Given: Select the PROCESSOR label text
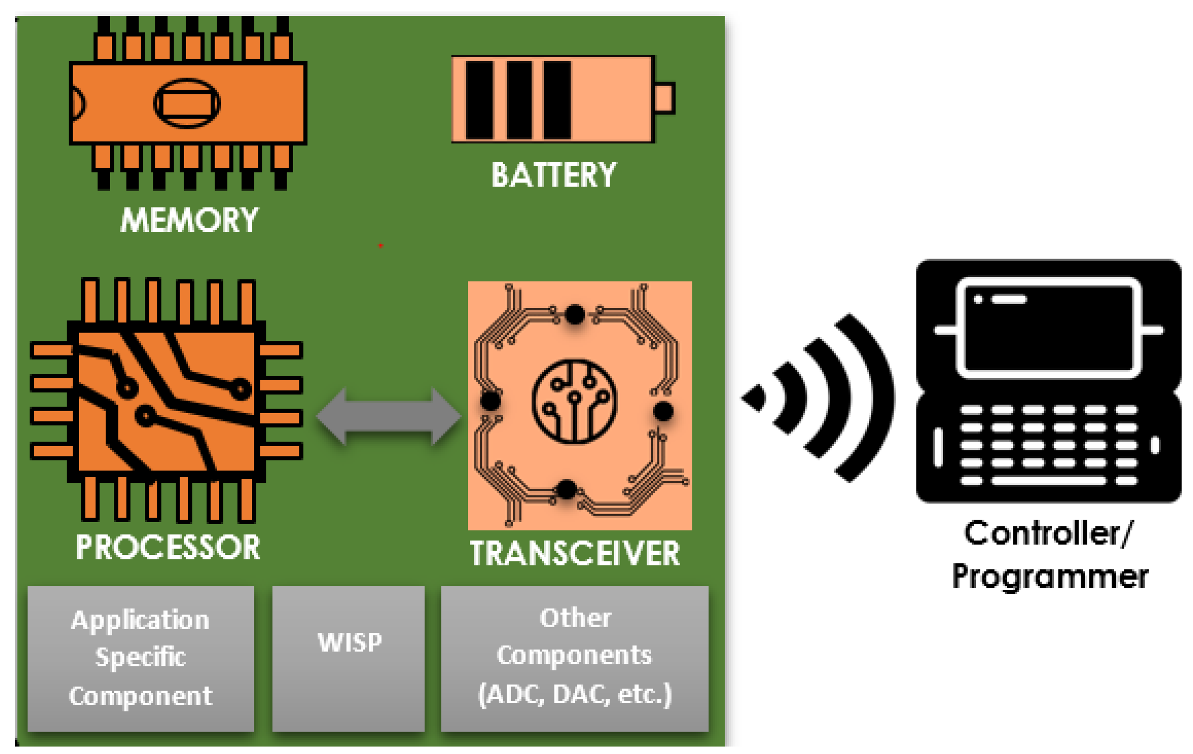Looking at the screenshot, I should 168,547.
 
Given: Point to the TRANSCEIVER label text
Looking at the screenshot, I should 574,553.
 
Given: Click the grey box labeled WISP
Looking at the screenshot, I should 348,658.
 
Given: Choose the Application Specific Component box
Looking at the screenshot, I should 140,658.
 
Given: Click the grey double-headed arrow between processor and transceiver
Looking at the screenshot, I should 388,416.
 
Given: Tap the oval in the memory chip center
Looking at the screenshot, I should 187,104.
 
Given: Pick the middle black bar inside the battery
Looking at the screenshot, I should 519,100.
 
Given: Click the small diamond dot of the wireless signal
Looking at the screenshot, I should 755,397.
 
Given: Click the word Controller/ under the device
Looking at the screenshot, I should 1048,534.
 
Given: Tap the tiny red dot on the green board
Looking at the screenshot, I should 380,245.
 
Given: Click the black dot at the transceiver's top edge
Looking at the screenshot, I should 575,315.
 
